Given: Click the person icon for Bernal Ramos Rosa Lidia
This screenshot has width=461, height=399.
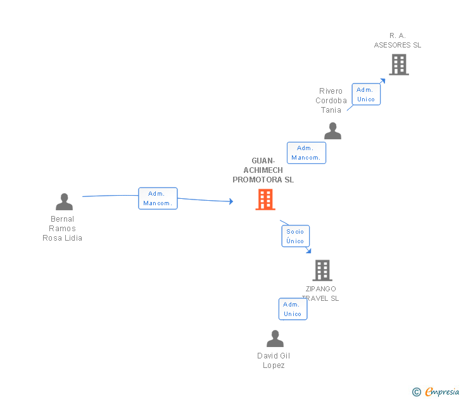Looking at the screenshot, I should pyautogui.click(x=64, y=202).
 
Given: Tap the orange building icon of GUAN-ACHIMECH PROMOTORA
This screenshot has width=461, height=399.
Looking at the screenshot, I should pyautogui.click(x=265, y=199).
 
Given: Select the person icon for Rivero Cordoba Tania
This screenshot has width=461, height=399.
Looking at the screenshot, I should pyautogui.click(x=332, y=131).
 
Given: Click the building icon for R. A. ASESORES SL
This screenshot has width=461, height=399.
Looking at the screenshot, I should pyautogui.click(x=398, y=65).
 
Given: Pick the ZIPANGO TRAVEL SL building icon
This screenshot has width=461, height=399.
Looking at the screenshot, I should pyautogui.click(x=322, y=270).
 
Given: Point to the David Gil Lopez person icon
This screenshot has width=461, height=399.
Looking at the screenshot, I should pyautogui.click(x=275, y=339).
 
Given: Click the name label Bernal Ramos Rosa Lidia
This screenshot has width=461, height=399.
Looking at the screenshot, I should pyautogui.click(x=62, y=229).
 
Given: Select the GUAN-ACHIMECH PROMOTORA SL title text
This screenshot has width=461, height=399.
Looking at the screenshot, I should pyautogui.click(x=263, y=170).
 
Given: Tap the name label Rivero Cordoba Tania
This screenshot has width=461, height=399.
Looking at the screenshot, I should pyautogui.click(x=331, y=101).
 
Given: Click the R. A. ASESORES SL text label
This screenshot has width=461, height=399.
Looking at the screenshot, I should pyautogui.click(x=397, y=41).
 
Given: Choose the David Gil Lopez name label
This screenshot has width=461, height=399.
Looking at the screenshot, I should pyautogui.click(x=274, y=360).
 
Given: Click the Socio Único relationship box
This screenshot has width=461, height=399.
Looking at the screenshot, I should pyautogui.click(x=295, y=236).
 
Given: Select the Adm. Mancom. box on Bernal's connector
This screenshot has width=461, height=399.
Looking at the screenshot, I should pyautogui.click(x=158, y=198).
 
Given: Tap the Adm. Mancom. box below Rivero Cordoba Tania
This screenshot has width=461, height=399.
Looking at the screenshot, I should pyautogui.click(x=306, y=153).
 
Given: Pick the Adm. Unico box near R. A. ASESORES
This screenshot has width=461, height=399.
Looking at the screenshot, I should pyautogui.click(x=366, y=94).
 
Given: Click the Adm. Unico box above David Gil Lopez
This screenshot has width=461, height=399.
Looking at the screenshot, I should pyautogui.click(x=293, y=309).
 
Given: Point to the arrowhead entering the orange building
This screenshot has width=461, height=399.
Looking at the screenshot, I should pyautogui.click(x=230, y=201).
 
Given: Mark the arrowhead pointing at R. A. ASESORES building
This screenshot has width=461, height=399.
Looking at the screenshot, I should pyautogui.click(x=382, y=81).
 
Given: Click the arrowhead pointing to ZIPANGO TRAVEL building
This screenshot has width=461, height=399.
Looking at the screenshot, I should pyautogui.click(x=308, y=251).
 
